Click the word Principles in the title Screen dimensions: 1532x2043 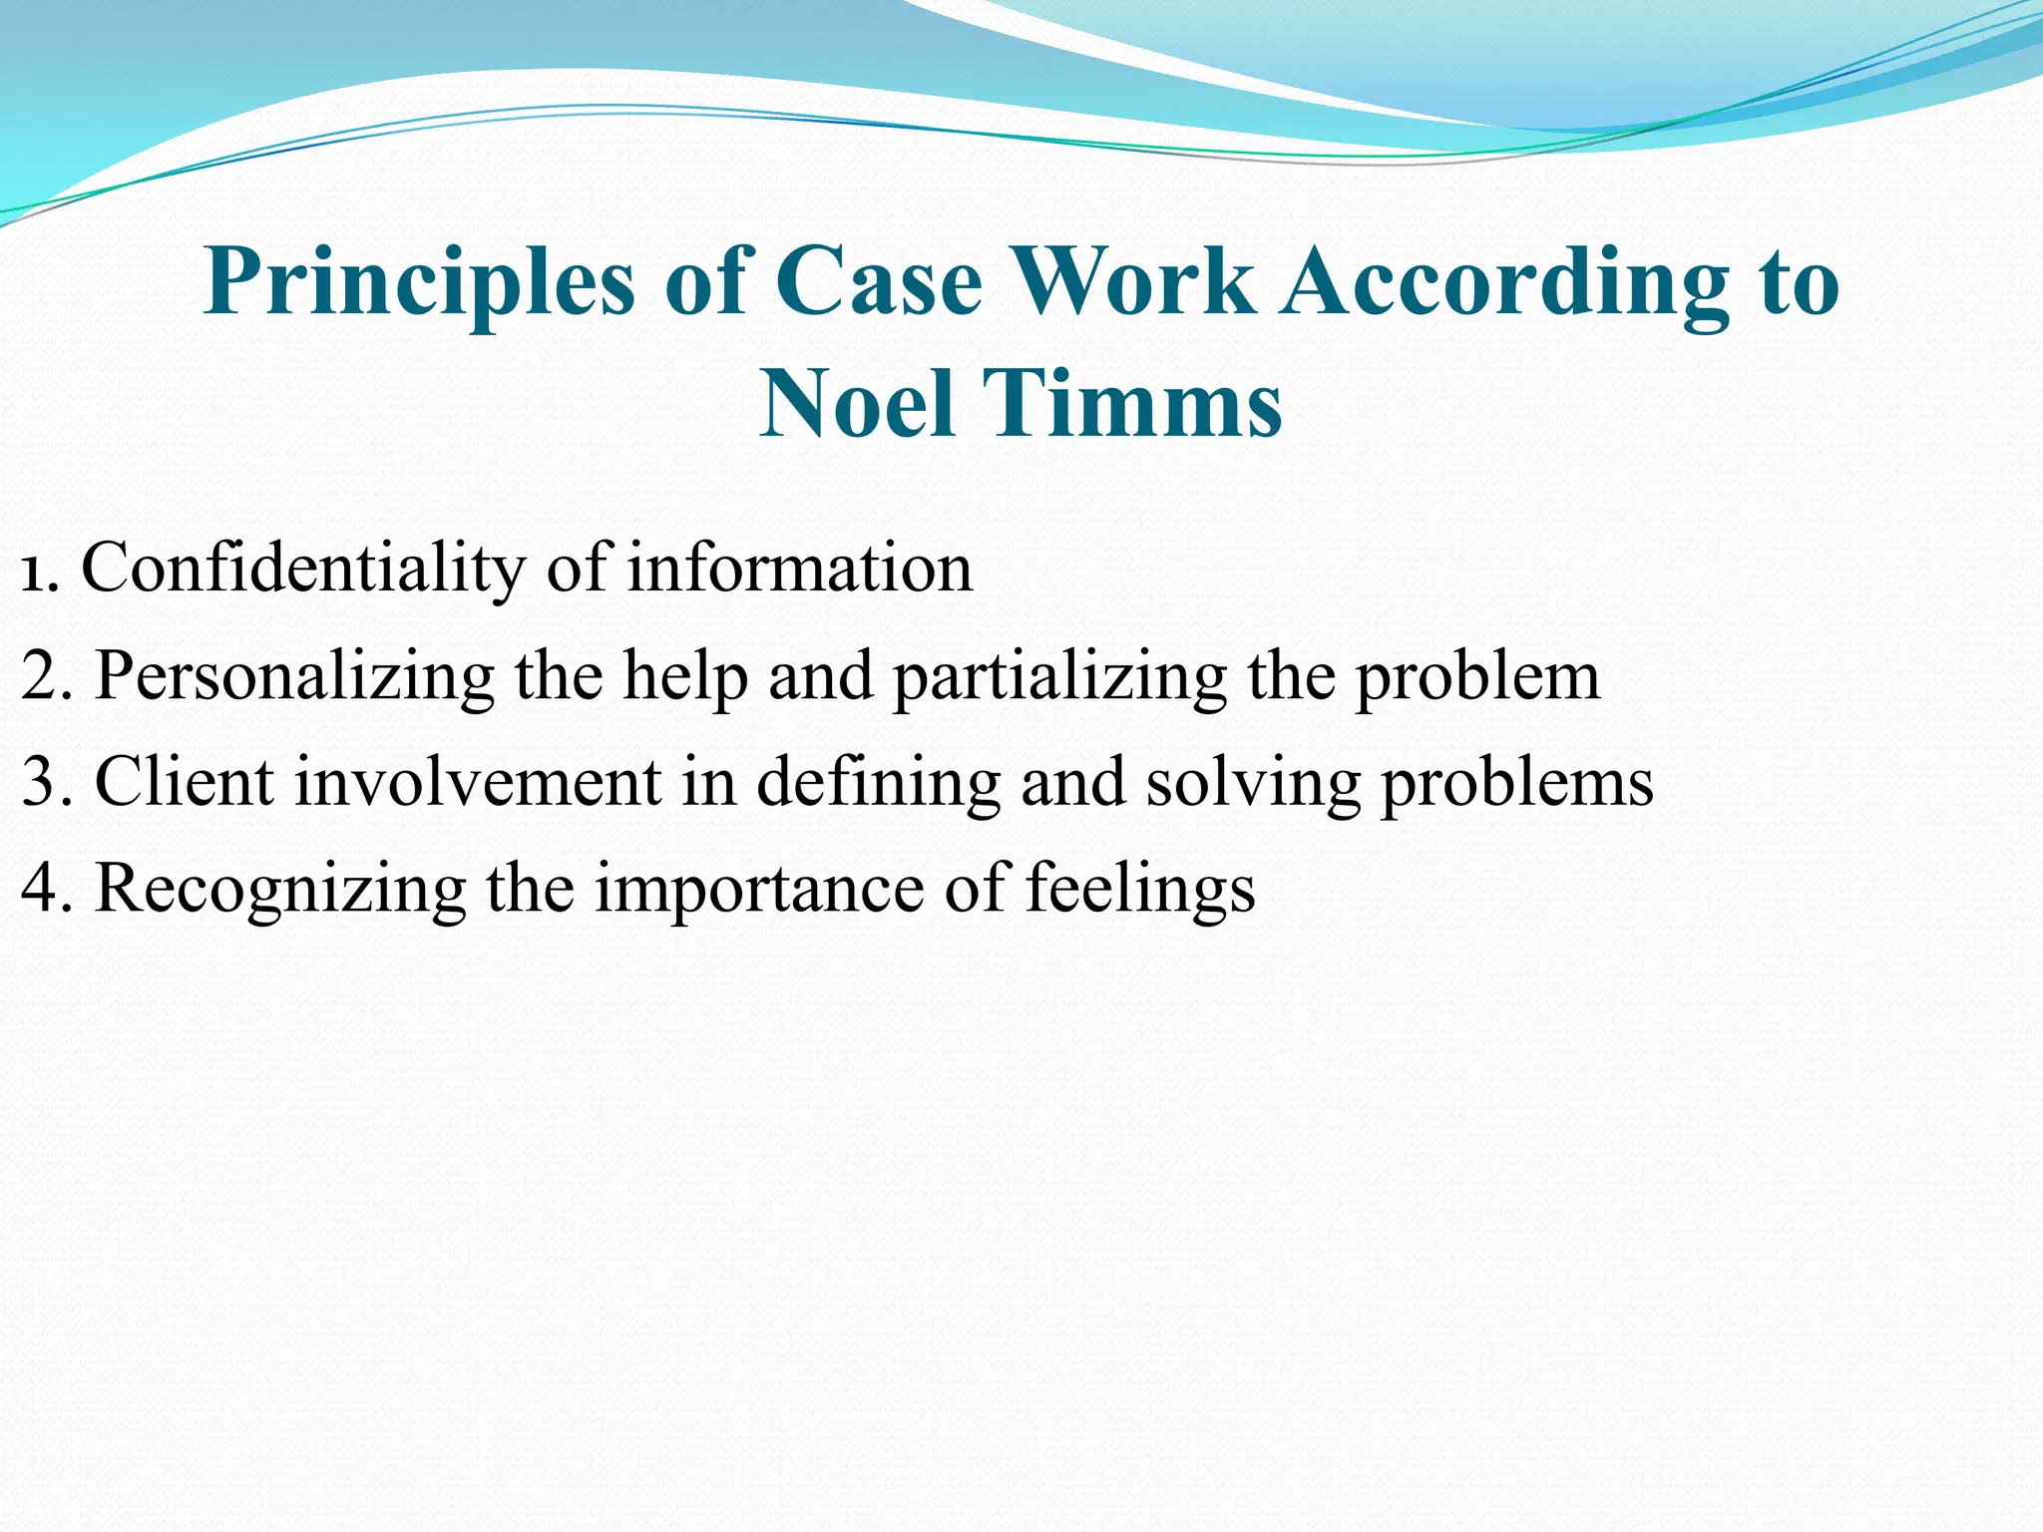click(x=419, y=283)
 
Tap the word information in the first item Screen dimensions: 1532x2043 click(x=799, y=569)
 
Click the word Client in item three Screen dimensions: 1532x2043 click(x=184, y=782)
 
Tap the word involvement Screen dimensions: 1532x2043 click(x=478, y=782)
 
